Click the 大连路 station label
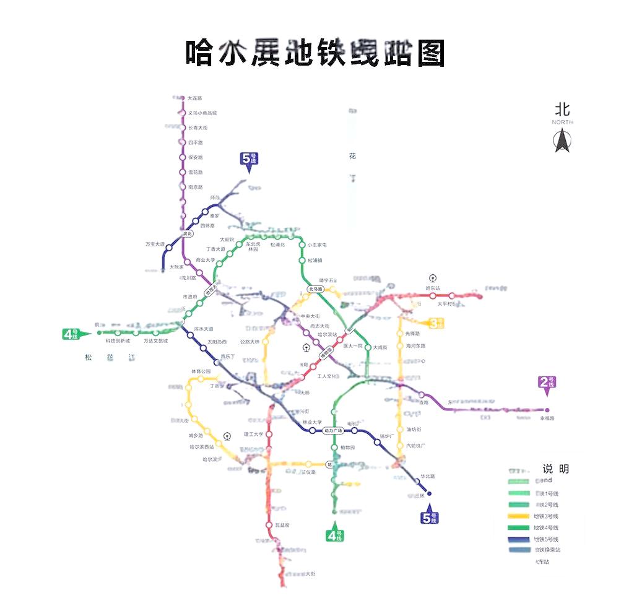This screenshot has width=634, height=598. (194, 98)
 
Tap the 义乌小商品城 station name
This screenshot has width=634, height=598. (202, 113)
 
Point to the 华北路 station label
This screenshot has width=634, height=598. (428, 476)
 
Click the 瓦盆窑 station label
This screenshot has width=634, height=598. (282, 525)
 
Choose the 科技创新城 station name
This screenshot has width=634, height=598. (118, 340)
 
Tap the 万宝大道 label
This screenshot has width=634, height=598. (155, 244)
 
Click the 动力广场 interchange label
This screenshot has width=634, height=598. (334, 430)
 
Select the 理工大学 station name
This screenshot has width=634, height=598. (254, 435)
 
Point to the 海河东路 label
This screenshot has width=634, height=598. (416, 346)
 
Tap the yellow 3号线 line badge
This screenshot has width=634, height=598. (437, 323)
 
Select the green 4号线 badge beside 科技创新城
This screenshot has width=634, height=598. (70, 334)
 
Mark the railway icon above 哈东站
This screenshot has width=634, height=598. (432, 279)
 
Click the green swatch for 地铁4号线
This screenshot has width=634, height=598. (519, 527)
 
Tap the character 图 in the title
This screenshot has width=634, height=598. (431, 53)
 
